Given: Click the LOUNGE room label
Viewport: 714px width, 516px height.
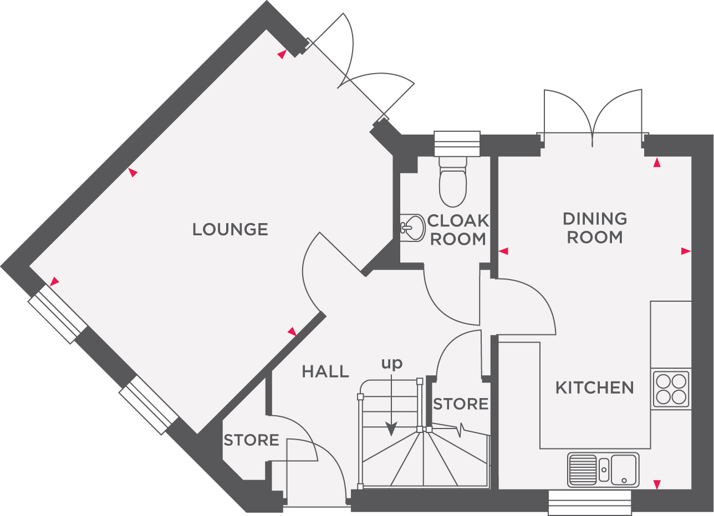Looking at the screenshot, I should pos(230,229).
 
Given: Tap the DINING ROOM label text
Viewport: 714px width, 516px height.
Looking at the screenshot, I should pos(595,228).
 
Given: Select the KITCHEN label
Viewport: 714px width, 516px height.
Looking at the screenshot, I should pos(594,388).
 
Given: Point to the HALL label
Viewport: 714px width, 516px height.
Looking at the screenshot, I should pos(325,371).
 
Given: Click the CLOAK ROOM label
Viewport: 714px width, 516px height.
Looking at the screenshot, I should pos(458,230).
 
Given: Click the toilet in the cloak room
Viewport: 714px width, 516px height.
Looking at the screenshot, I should pos(453,183).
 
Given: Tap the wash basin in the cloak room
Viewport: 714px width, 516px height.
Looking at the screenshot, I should pos(410,226).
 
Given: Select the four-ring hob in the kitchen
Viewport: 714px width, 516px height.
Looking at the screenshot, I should pos(671,389).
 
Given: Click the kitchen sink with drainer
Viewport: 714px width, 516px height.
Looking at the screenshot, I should pos(603,469).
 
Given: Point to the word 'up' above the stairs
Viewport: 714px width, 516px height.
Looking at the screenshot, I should pos(391,364).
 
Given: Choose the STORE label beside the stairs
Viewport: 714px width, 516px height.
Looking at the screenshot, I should pos(461,404).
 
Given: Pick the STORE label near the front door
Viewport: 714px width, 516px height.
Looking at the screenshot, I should pos(251,440).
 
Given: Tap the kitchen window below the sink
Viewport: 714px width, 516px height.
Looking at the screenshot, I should pos(590,502).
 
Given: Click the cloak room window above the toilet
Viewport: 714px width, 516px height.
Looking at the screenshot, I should pos(457,144).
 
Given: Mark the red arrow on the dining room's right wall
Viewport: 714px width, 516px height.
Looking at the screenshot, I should pos(686,251).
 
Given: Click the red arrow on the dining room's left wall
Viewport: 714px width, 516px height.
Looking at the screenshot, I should pos(503,251).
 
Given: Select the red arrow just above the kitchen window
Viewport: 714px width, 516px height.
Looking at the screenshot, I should pos(657,485).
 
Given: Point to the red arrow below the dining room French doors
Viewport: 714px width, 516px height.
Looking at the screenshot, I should pos(657,162).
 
